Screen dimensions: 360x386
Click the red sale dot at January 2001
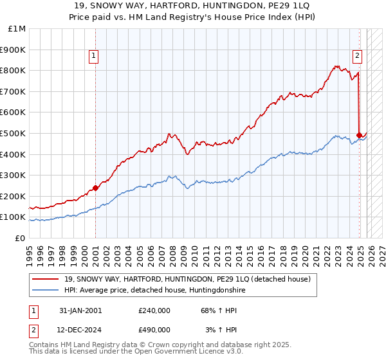(x=95, y=188)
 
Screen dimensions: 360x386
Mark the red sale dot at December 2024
(x=359, y=136)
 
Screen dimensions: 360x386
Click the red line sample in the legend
(x=46, y=279)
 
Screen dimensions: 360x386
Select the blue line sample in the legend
(x=46, y=290)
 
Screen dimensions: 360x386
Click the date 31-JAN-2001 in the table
(x=80, y=310)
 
